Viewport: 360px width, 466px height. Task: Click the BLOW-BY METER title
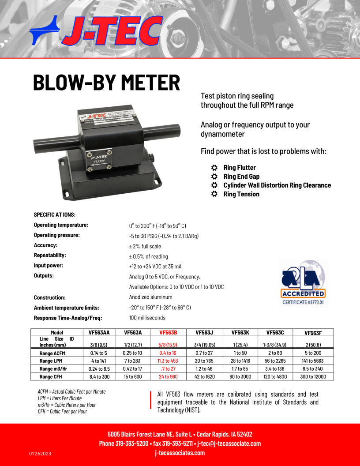(107, 83)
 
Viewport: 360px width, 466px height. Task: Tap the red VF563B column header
(168, 333)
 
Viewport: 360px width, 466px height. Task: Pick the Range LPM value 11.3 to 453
(168, 361)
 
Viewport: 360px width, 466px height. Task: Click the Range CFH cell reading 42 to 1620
(204, 376)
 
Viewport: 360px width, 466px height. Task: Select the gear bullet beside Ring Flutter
(214, 168)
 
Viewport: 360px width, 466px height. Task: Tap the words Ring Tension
(241, 194)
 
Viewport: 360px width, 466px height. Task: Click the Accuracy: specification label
(46, 245)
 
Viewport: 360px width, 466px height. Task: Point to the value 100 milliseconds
(147, 318)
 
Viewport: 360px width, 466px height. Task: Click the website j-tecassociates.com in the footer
(180, 453)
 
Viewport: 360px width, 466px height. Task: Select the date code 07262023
(40, 453)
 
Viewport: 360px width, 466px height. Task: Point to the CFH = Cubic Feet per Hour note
(62, 411)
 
